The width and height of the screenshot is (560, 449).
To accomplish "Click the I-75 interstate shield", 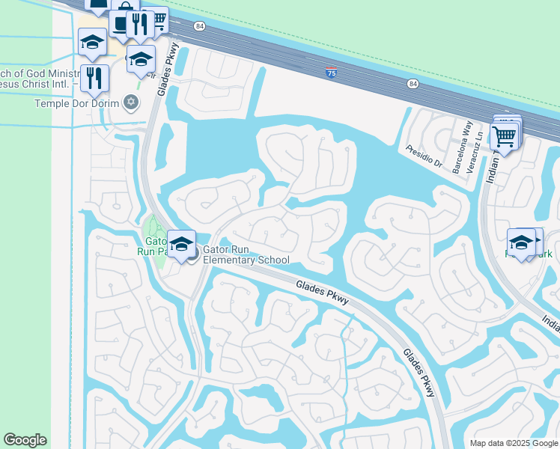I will [x=331, y=73].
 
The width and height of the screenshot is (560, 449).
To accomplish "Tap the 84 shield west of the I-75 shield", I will [x=198, y=25].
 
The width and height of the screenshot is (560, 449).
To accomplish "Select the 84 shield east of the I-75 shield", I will [x=413, y=83].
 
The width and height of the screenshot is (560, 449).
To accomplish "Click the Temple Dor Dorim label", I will [x=78, y=103].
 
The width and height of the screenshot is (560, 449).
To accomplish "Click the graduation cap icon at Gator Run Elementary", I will [x=181, y=242].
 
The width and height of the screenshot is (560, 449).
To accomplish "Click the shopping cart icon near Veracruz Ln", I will [x=504, y=136].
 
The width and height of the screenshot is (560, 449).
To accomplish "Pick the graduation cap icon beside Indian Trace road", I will [x=522, y=242].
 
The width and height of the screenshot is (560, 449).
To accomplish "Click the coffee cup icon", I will [x=120, y=22].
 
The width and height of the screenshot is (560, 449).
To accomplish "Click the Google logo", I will [x=25, y=440].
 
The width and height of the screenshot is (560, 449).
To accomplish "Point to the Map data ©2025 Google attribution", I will [x=513, y=443].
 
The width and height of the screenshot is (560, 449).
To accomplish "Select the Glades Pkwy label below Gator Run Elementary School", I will [x=321, y=291].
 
